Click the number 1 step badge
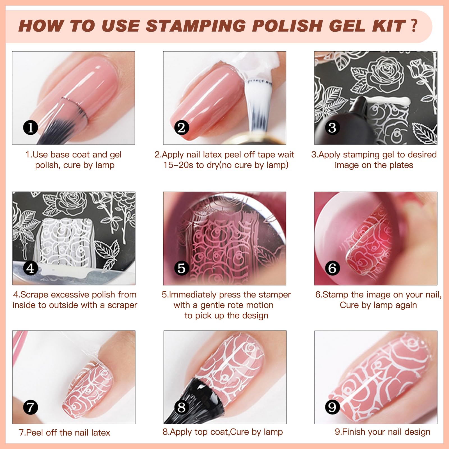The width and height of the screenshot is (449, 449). coord(30,128)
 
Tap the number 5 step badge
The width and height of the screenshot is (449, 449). coord(182,268)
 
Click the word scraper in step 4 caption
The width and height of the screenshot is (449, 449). coord(122,305)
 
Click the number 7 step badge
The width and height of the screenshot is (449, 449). coord(30,407)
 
